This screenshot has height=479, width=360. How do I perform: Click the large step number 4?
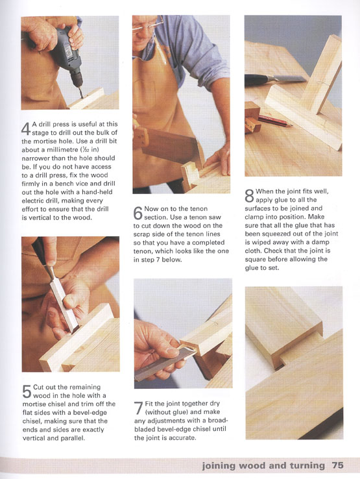click(26, 129)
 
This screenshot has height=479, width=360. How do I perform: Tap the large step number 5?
click(27, 391)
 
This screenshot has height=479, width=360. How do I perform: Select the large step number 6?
click(138, 213)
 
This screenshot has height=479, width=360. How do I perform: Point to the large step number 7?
click(138, 408)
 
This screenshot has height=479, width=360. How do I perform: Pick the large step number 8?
click(249, 196)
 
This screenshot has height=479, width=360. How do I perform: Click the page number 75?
click(337, 465)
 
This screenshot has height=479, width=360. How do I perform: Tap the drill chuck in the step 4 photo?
click(77, 78)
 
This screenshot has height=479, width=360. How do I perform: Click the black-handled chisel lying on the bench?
click(275, 79)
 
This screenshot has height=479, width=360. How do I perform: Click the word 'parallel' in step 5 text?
click(73, 437)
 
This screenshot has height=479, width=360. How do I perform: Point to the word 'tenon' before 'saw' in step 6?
click(198, 217)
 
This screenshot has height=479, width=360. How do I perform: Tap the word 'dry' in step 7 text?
click(214, 403)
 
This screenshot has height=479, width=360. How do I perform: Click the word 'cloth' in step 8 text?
click(253, 251)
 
